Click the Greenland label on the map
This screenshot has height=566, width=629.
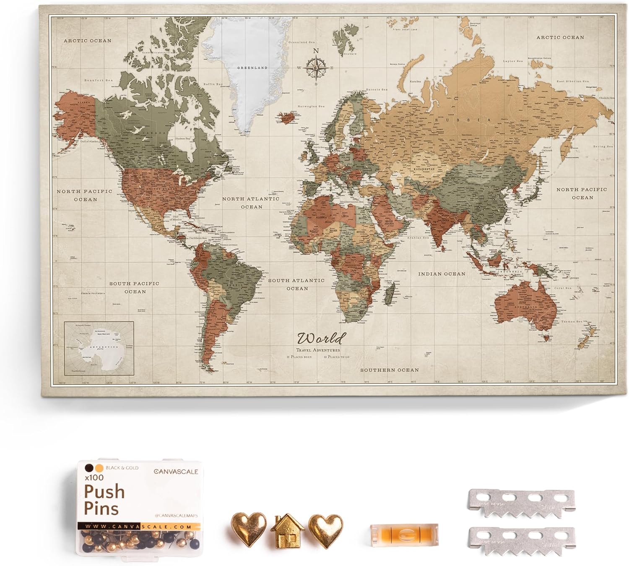coord(252,68)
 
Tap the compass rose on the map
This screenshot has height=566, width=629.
coord(316,67)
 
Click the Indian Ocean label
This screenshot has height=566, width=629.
coord(442,274)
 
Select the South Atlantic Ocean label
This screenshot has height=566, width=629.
coord(296,284)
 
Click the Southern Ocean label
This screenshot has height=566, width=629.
coord(390,370)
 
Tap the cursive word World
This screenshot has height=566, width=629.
coord(322,338)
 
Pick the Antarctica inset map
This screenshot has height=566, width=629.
coord(99,348)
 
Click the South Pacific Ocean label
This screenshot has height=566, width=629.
coord(135,287)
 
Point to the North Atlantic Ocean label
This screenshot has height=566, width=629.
coord(251,203)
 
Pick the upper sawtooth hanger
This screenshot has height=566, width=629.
coord(520,503)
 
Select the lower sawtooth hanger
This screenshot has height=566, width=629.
coord(521,541)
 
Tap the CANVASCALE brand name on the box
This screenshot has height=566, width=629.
coord(176,472)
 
